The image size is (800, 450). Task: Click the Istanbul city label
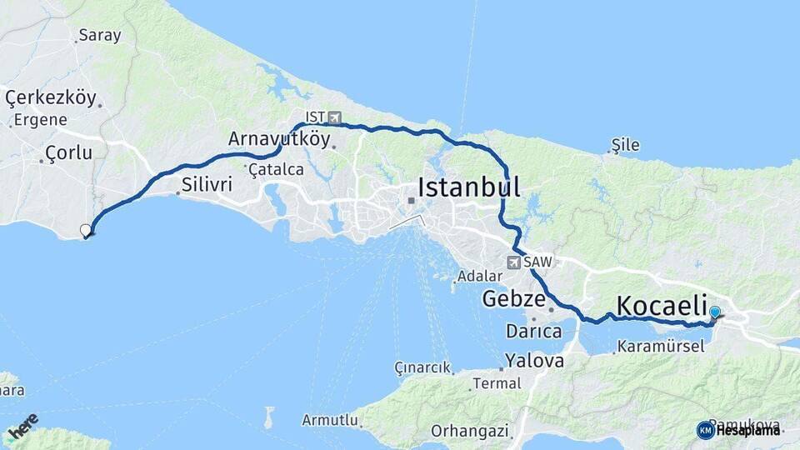[x=468, y=187]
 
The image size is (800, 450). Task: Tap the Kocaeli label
[x=662, y=305]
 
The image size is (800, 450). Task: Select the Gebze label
[x=513, y=298]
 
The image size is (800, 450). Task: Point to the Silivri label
[x=206, y=185]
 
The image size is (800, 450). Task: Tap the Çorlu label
[x=68, y=152]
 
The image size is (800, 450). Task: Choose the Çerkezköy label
[x=50, y=97]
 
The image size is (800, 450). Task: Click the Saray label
[x=99, y=36]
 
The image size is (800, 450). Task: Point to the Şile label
[x=625, y=145]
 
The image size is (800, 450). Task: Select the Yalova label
[x=533, y=362]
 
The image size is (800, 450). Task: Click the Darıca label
[x=533, y=332]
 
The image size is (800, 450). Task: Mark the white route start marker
[x=85, y=231]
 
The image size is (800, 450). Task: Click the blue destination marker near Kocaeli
[x=714, y=312]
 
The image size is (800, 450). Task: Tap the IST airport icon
[x=335, y=117]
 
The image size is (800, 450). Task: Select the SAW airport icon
[x=513, y=262]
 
